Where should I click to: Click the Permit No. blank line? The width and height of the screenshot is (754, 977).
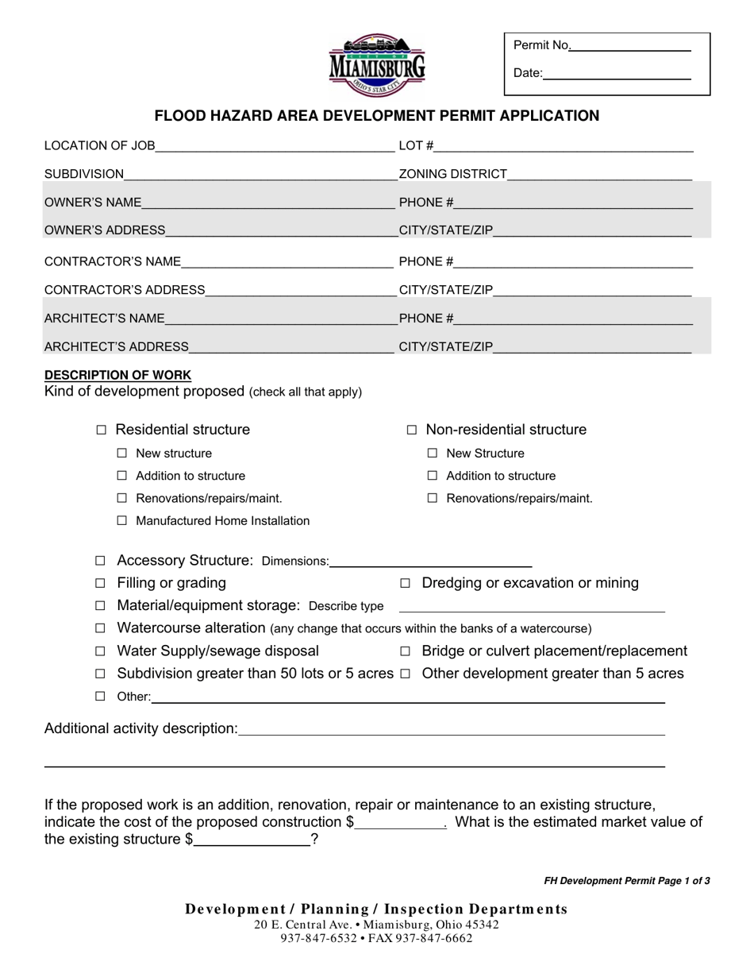click(x=630, y=47)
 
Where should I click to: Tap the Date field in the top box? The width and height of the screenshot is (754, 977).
click(x=617, y=75)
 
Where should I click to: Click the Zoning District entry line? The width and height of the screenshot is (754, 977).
click(x=599, y=176)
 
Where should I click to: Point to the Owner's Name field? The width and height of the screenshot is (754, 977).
click(x=267, y=204)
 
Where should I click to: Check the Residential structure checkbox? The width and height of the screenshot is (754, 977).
click(x=101, y=431)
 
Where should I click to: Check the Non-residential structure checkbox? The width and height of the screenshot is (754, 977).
click(x=412, y=431)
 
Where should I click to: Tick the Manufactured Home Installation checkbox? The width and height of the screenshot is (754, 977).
click(x=122, y=522)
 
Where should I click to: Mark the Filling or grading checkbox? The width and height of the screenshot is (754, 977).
click(x=100, y=584)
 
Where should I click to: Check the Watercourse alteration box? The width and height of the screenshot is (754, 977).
click(x=100, y=629)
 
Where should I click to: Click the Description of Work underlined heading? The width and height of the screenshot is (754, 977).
click(x=117, y=375)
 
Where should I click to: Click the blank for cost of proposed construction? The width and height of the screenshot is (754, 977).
click(x=401, y=824)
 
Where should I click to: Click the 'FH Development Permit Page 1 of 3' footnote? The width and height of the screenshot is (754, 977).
click(x=626, y=881)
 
